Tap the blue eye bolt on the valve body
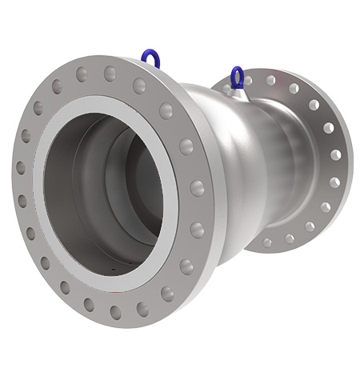pos(238,78)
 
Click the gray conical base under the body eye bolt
pos(238,90)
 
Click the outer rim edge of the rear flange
pos(346,160)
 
